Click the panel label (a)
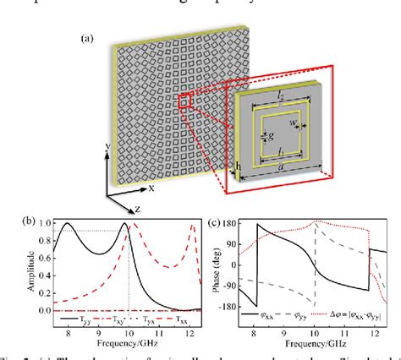coord(86,38)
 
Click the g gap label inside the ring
coord(268,132)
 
